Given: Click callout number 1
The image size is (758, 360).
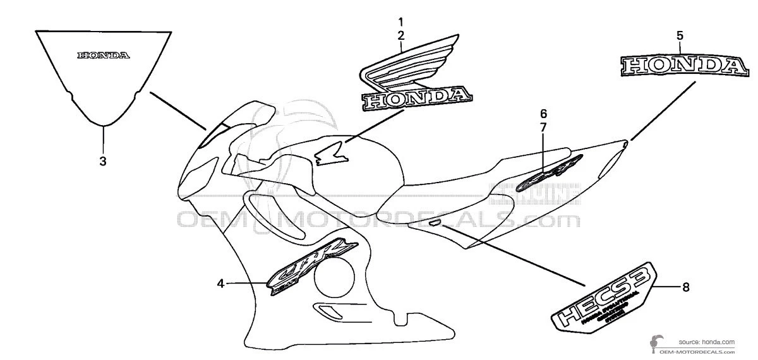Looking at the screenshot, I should click(400, 21).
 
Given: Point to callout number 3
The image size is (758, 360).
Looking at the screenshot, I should click(103, 161).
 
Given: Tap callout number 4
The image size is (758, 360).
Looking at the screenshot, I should click(220, 284).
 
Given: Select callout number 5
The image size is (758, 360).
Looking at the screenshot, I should click(680, 35).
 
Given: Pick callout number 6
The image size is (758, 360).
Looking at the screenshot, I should click(543, 114).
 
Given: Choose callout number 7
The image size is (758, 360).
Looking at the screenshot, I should click(543, 128).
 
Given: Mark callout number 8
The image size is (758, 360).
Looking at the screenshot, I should click(685, 287).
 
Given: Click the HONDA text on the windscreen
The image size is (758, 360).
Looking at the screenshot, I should click(104, 56).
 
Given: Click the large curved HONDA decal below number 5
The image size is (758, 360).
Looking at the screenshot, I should click(680, 66).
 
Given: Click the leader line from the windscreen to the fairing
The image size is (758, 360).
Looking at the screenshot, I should click(179, 111).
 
